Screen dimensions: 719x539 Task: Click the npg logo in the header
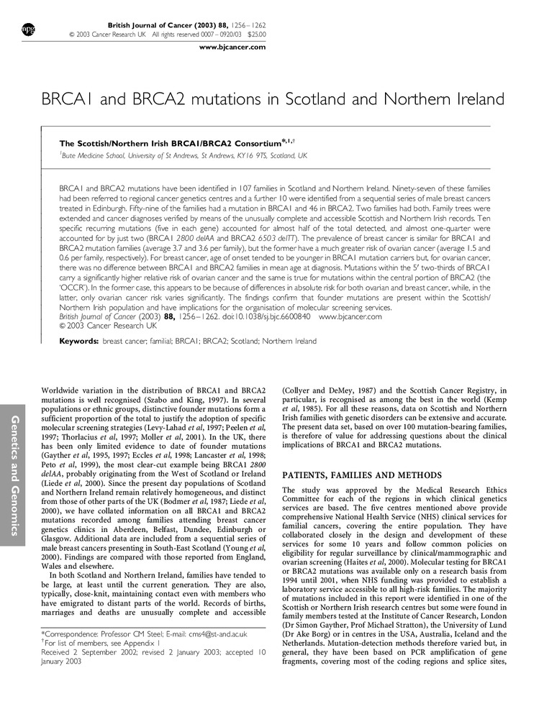(x=29, y=29)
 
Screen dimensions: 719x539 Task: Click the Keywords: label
(x=79, y=341)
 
